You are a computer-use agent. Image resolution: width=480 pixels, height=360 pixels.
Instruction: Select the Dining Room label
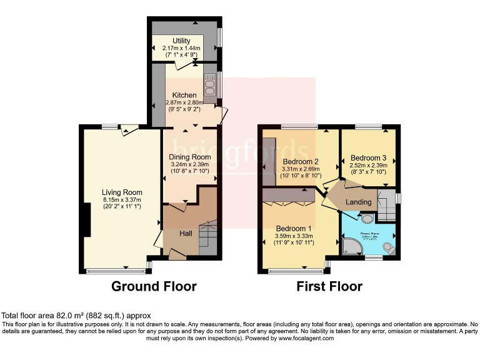coord(190,157)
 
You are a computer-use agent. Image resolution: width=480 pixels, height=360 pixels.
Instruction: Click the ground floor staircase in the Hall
coord(209,237)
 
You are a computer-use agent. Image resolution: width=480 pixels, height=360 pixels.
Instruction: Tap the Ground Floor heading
coord(154,287)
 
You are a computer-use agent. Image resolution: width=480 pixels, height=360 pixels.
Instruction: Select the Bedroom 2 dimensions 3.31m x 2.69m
coord(301,168)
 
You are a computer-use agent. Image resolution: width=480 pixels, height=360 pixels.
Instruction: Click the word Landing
coord(358,202)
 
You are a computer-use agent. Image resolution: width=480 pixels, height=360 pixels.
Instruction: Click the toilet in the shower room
coord(389,248)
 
